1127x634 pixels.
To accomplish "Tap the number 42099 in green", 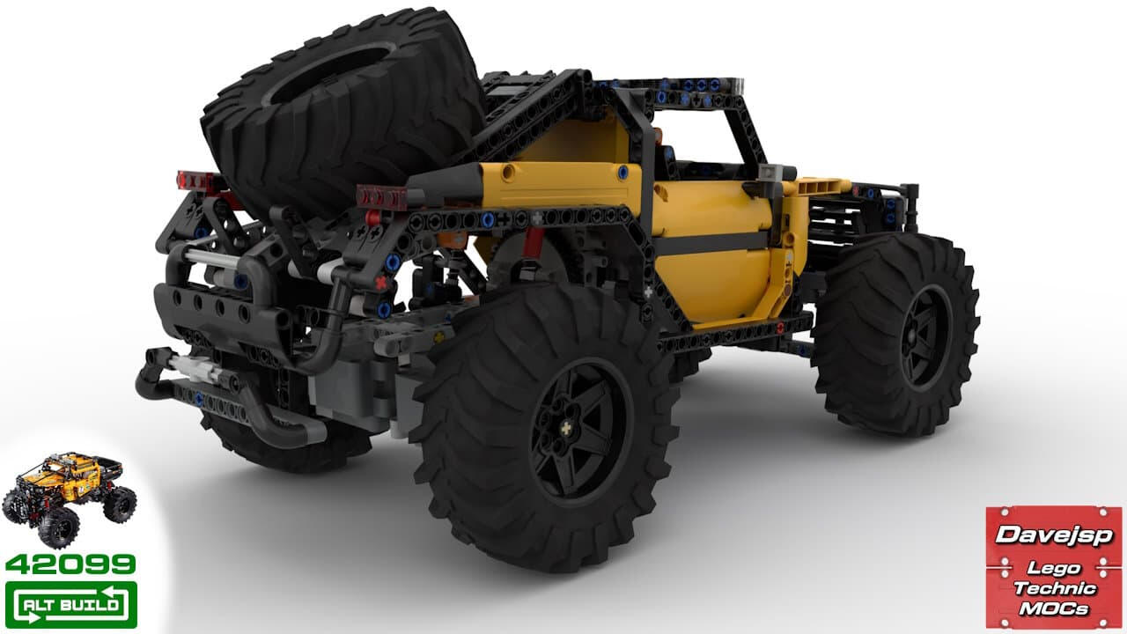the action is pos(70,564).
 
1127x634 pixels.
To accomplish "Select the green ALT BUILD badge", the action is pos(71,604).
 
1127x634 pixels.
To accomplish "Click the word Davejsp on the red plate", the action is pos(1054,534).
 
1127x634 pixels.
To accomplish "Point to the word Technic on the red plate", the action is pos(1055,588).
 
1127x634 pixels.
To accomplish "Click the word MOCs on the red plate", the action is pos(1054,608).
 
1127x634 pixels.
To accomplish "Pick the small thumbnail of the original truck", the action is pos(70,498).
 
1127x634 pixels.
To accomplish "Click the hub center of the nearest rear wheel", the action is pos(567,429).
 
